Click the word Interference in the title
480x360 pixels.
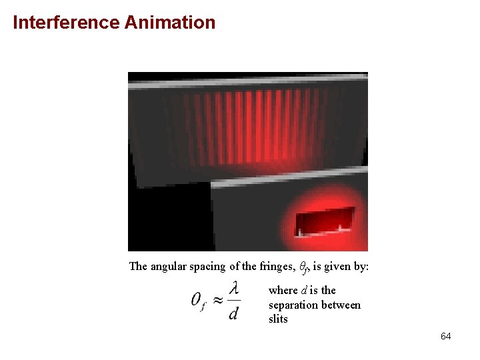(x=65, y=23)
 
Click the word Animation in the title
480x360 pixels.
(x=169, y=23)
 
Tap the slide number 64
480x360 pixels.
(x=445, y=336)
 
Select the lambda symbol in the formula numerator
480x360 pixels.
(x=233, y=288)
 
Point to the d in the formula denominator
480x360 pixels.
(x=233, y=312)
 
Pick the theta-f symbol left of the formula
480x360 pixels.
(x=199, y=301)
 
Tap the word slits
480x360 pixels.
(x=278, y=319)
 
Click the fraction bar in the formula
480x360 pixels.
(x=233, y=300)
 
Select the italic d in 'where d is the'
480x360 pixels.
(x=304, y=290)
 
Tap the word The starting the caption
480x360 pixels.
(x=138, y=267)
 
